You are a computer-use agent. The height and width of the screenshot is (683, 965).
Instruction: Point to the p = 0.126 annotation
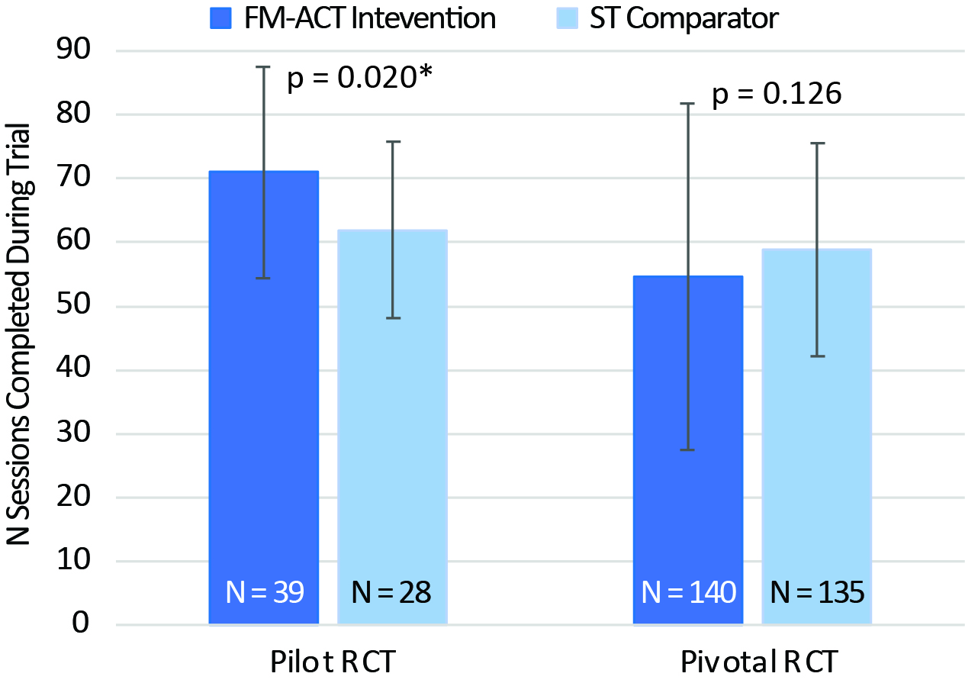point(777,95)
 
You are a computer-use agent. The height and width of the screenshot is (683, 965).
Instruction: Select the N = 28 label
point(391,592)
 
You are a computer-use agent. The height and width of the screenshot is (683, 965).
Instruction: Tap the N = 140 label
point(687,592)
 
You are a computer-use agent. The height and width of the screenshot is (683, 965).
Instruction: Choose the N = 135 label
point(817,592)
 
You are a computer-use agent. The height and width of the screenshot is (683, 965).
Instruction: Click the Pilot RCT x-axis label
point(333,662)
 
